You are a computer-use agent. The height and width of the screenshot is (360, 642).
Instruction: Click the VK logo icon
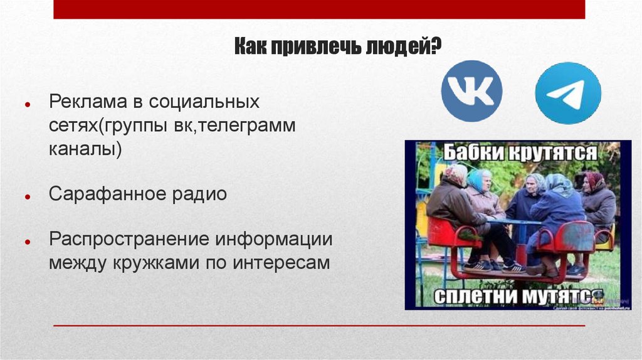tap(471, 91)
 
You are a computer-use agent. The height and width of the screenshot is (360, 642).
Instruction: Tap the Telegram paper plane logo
tap(568, 93)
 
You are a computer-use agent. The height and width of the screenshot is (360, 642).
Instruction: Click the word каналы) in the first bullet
tap(85, 151)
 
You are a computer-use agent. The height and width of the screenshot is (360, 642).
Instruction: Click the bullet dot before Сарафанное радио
tap(28, 197)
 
